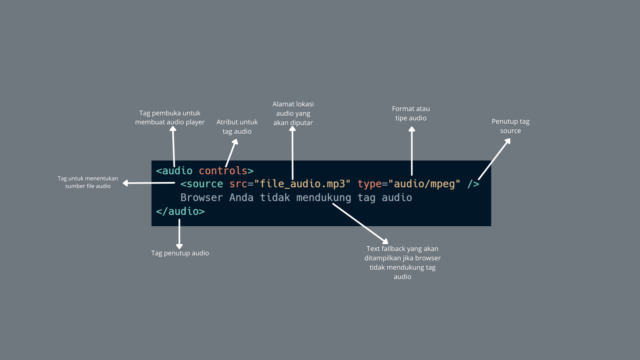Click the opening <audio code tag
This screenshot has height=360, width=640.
point(174,171)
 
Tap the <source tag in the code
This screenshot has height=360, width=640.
point(202,184)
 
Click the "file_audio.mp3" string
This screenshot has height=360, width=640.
point(302,184)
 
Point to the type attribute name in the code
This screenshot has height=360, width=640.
point(370,184)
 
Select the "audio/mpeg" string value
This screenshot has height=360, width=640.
point(424,184)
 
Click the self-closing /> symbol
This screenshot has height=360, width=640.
point(473,184)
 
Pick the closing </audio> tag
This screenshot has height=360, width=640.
point(180,211)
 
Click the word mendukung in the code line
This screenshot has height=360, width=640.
point(324,198)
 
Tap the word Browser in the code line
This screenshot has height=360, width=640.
point(202,198)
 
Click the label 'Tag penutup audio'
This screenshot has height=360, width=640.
point(180,253)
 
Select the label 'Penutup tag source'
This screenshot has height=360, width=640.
point(510,126)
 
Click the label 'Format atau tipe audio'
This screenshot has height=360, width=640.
point(411,113)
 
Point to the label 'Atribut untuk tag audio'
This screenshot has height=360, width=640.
point(237,126)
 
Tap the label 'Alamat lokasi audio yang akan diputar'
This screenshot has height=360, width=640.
point(293,113)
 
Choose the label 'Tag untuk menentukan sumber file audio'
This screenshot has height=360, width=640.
point(88,182)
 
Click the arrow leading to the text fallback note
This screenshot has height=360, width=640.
point(360,223)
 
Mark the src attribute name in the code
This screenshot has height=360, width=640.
point(238,184)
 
